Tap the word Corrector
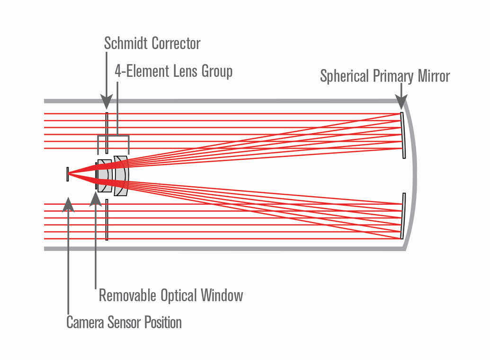pos(177,44)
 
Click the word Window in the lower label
pos(222,296)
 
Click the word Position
pos(163,323)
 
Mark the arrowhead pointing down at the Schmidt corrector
pos(107,101)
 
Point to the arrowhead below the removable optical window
pos(96,198)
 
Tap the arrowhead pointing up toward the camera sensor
pos(69,204)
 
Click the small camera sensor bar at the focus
pos(68,174)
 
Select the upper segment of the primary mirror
pos(403,135)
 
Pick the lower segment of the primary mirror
pos(403,216)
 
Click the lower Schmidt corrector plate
pos(107,219)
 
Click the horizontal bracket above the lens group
pos(113,136)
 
